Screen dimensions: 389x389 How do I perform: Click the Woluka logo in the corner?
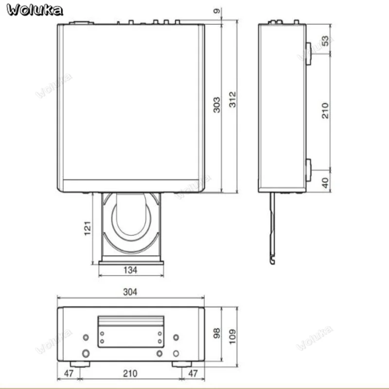35,10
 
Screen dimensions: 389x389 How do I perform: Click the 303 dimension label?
216,105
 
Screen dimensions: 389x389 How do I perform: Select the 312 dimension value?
232,100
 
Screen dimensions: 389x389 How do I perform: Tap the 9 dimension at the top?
216,11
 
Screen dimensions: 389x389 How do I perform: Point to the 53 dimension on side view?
325,41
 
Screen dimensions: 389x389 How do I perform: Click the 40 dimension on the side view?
325,183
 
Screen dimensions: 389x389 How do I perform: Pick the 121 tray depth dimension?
88,228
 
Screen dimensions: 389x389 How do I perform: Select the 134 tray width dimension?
130,270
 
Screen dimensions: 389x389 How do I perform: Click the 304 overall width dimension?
130,292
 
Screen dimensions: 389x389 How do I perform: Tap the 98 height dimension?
216,333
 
